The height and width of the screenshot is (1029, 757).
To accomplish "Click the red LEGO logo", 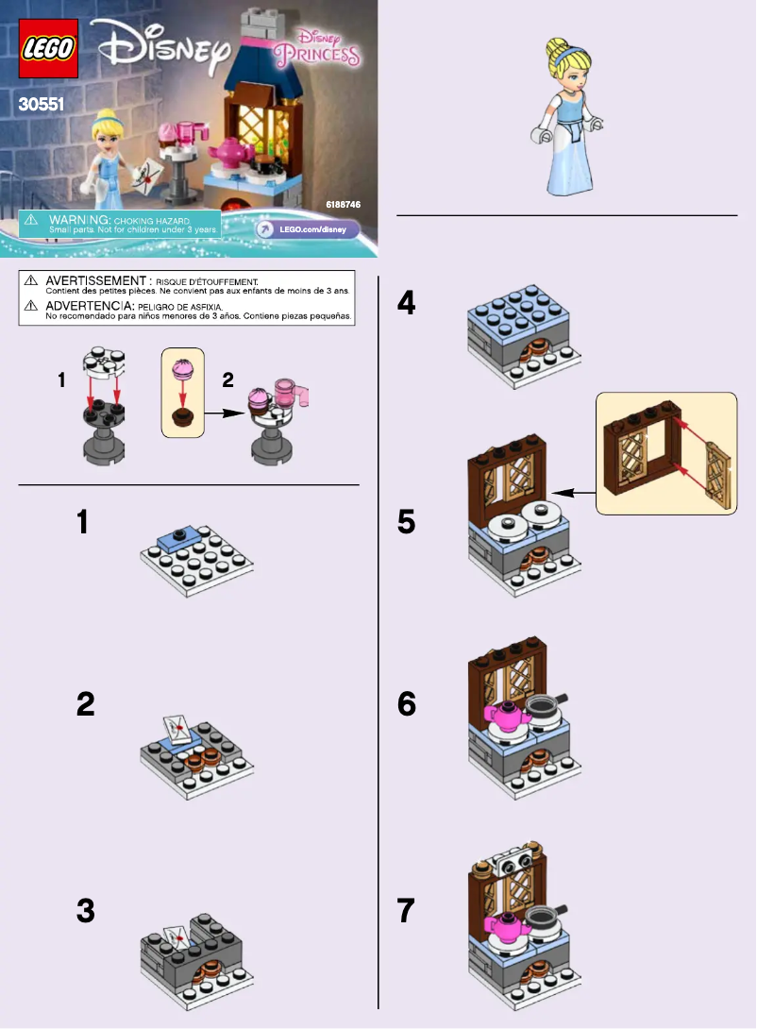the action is pos(48,48).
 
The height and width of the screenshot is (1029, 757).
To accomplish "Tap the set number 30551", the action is pos(42,104).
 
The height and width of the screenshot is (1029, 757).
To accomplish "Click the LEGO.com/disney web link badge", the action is pos(307,229).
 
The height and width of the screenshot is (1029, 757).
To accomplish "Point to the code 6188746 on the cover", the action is pos(343,205).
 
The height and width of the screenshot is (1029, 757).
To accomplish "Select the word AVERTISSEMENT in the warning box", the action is pos(95,280).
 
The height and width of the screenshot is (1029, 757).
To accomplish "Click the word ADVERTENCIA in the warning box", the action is pos(90,306).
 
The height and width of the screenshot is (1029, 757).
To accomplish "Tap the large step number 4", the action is pos(406,303).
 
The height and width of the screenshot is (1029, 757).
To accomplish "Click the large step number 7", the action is pos(406,911).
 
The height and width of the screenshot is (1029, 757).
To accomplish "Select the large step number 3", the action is pos(85,911).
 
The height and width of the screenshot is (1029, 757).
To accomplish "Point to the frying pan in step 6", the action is pos(546,707).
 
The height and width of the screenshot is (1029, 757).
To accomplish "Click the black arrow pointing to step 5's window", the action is pos(573,493).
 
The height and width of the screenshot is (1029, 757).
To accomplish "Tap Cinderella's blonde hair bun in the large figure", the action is pos(558,47).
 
